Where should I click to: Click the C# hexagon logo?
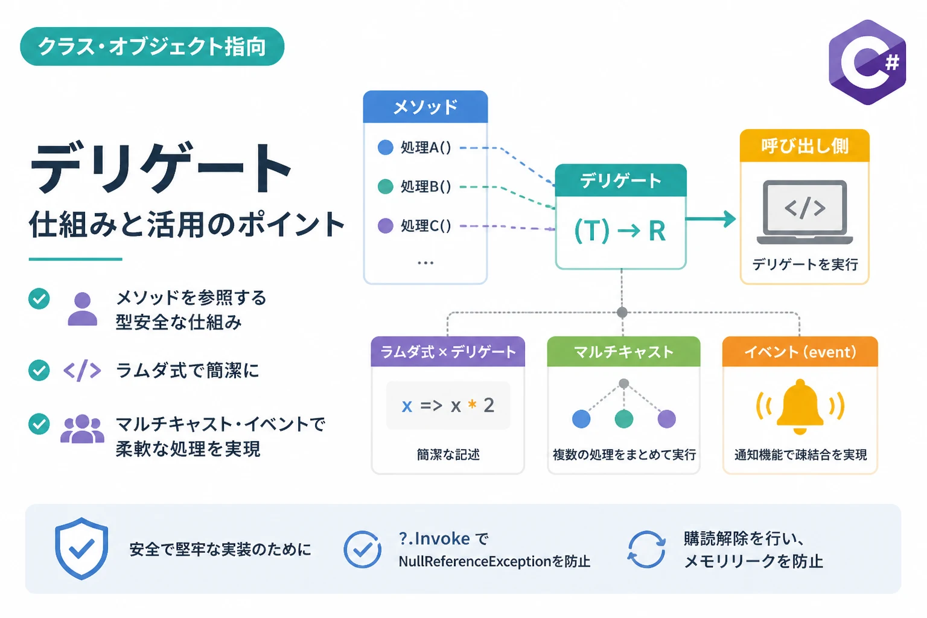pos(867,62)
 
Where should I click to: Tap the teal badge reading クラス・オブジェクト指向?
pos(152,46)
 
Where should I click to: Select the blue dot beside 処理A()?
pos(385,147)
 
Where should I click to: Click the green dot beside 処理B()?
pos(385,186)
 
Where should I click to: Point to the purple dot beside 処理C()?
pos(385,226)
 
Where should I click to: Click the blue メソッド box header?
pos(425,107)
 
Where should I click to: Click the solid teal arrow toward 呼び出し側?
pos(710,218)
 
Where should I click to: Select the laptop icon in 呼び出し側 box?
pos(804,212)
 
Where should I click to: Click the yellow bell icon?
pos(800,406)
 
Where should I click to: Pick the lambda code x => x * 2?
pos(448,405)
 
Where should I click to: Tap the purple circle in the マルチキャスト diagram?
pos(666,419)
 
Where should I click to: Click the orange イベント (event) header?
pos(800,352)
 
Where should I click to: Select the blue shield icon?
pos(81,549)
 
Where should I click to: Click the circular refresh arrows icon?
pos(646,549)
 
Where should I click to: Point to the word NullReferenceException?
pos(475,562)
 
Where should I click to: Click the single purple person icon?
pos(82,309)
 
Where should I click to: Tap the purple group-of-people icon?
pos(82,429)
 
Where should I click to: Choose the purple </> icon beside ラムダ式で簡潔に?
pos(82,370)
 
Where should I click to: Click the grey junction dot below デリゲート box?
pos(622,313)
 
